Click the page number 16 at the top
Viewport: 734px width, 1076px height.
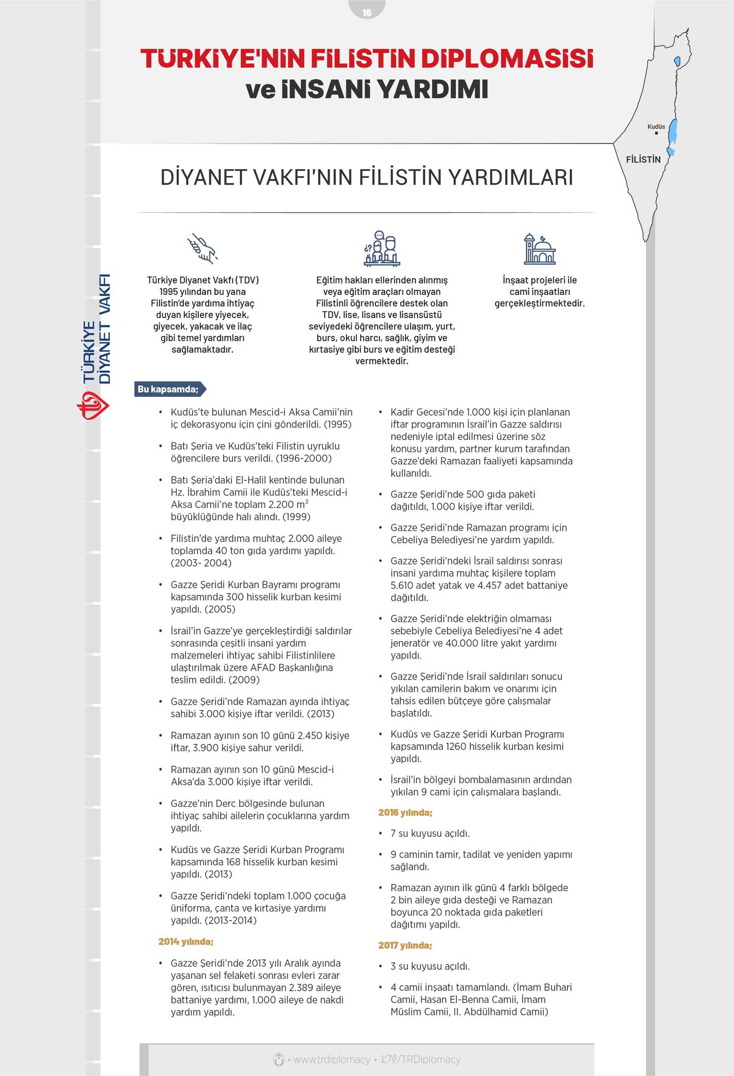pos(367,13)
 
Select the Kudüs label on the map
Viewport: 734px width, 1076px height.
pos(656,127)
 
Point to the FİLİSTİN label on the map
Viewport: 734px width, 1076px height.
pos(644,159)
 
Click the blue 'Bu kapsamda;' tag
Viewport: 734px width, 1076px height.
pos(169,390)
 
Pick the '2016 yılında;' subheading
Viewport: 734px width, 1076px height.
pos(405,813)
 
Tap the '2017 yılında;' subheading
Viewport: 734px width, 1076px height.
pos(405,945)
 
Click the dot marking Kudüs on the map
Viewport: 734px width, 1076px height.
pos(656,134)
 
